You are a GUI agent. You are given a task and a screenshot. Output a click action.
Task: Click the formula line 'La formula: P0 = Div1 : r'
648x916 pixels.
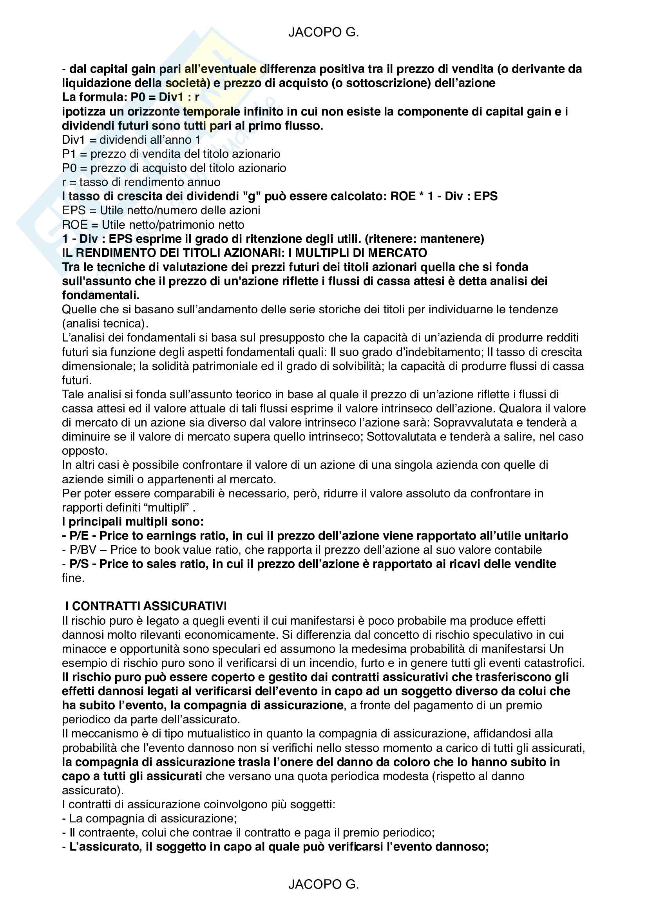(x=130, y=98)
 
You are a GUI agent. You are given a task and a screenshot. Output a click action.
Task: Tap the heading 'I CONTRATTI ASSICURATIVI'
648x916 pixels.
(x=146, y=606)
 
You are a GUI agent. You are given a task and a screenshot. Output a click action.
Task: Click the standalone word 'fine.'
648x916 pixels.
(x=73, y=578)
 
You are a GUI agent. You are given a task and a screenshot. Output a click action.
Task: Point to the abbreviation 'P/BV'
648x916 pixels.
(x=83, y=550)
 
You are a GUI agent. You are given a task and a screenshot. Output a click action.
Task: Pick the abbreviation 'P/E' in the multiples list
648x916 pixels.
(x=79, y=536)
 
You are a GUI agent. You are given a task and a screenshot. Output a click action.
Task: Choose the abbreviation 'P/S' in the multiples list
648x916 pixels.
(x=79, y=564)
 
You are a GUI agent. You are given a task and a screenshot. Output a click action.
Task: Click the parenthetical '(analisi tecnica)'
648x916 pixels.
(x=105, y=323)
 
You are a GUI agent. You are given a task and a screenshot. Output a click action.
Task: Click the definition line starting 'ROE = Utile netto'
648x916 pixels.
(x=153, y=225)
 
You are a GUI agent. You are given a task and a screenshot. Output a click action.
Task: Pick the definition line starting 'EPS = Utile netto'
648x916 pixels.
(x=161, y=211)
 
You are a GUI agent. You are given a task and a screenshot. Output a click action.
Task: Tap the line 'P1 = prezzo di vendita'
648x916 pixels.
(x=171, y=154)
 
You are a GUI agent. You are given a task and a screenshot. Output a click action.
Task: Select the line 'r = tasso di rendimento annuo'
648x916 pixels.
(x=141, y=182)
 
